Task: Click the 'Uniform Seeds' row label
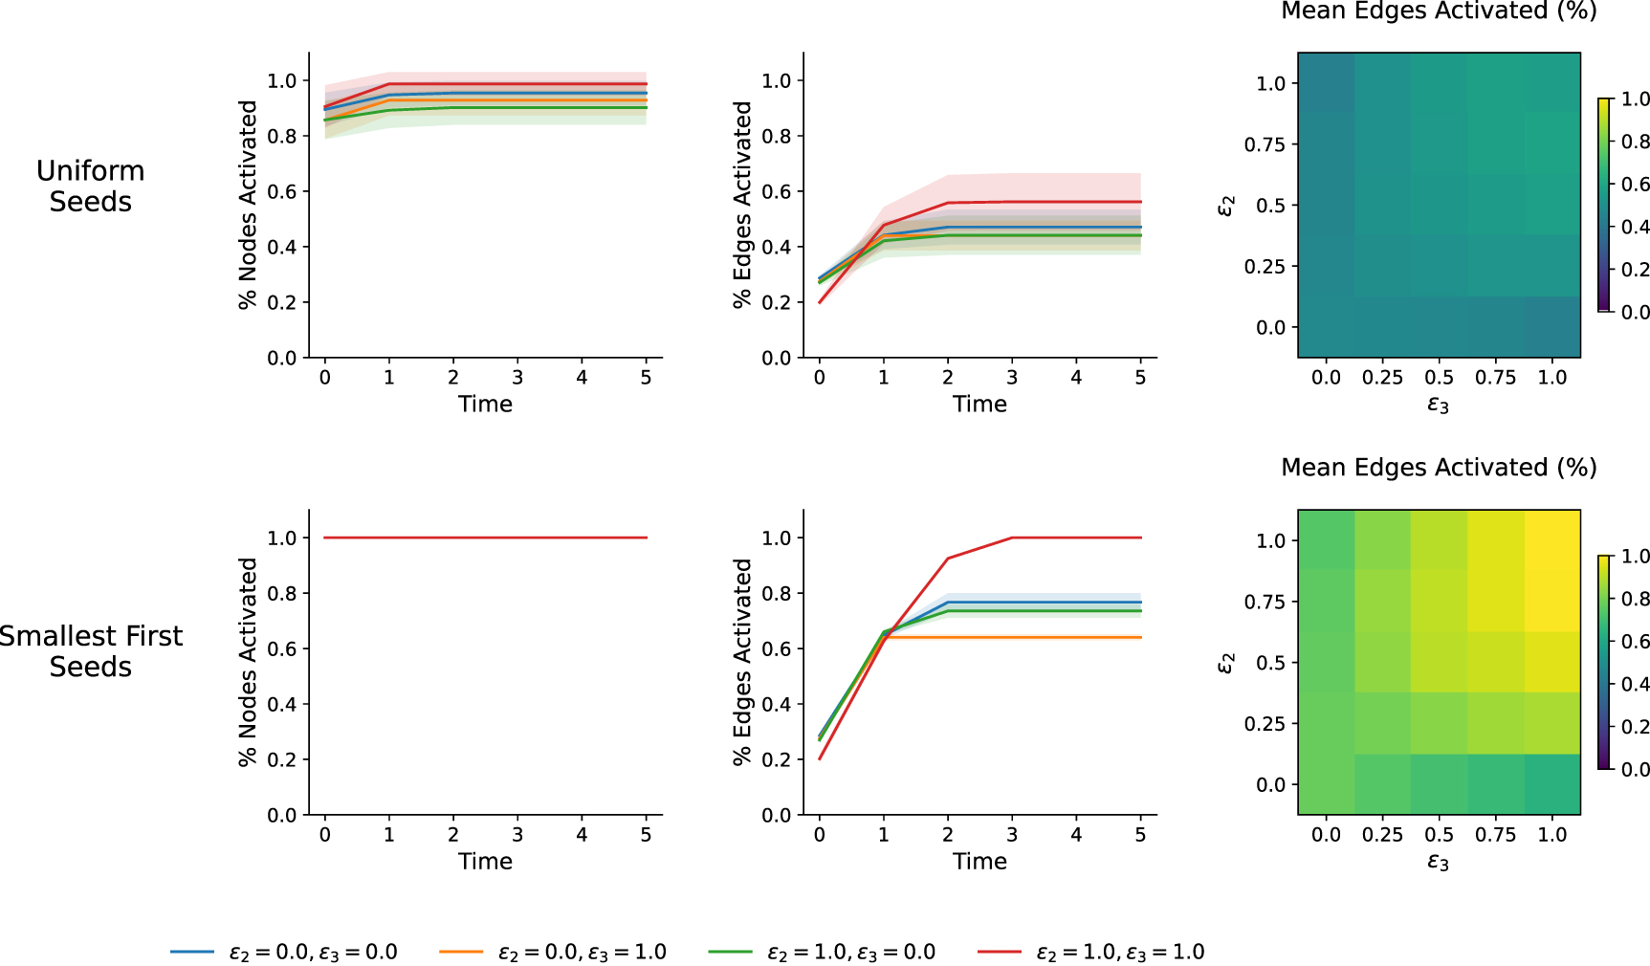[x=91, y=187]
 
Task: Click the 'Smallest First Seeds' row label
[x=91, y=651]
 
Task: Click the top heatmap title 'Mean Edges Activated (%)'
[x=1439, y=11]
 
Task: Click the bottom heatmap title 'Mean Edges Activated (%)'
[x=1439, y=468]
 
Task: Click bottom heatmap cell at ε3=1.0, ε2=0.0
[x=1551, y=784]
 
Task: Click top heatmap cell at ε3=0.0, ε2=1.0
[x=1327, y=83]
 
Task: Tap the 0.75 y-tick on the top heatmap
[x=1265, y=144]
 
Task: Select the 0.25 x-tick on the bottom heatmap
[x=1382, y=835]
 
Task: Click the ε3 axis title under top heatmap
[x=1439, y=406]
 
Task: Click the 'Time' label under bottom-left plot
[x=485, y=862]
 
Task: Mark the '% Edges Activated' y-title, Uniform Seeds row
[x=742, y=205]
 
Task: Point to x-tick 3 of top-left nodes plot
[x=517, y=378]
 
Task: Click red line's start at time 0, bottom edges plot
[x=820, y=759]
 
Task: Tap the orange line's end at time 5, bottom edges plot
[x=1140, y=637]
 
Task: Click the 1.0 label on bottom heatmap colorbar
[x=1635, y=556]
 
